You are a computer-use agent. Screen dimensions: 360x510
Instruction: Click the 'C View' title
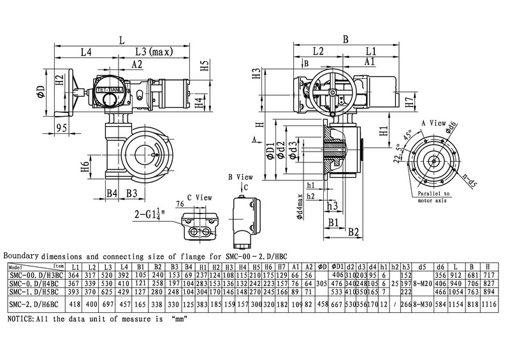pos(193,198)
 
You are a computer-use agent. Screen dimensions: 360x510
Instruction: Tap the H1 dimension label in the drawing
pos(383,132)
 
